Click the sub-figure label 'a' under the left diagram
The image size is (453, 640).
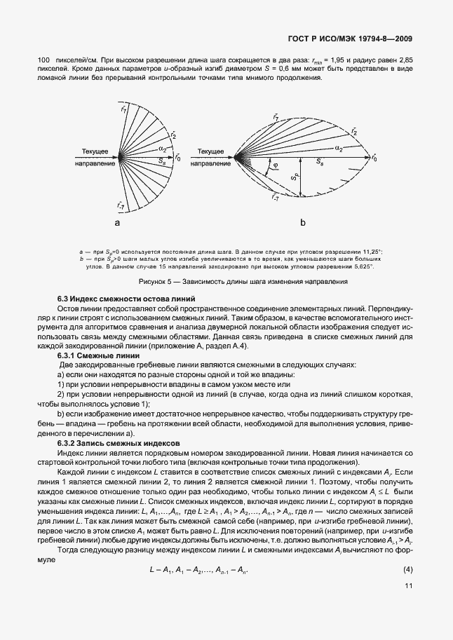point(119,222)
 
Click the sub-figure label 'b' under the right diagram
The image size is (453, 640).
point(303,222)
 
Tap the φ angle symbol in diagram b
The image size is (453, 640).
point(275,166)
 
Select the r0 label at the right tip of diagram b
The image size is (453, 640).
point(374,159)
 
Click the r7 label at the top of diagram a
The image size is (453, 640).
point(124,109)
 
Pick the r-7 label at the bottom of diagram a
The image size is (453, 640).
point(121,205)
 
